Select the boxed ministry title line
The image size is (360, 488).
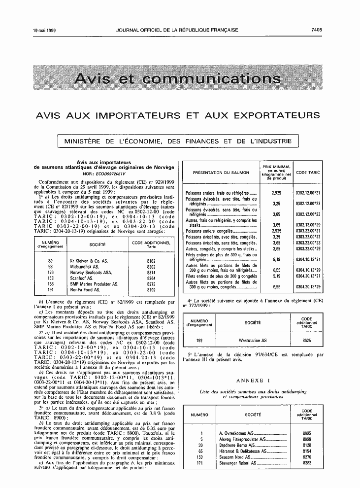tap(178, 141)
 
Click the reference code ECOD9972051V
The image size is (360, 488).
tap(111, 174)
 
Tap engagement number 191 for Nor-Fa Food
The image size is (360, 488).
tap(51, 290)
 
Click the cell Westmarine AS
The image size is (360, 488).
tap(253, 340)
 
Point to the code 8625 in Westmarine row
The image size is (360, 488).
tap(306, 340)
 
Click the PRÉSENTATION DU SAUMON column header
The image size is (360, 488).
tap(221, 173)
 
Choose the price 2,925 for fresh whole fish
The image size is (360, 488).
tap(276, 193)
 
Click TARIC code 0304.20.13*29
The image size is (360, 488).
tap(308, 286)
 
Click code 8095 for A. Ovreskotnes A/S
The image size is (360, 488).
tap(306, 433)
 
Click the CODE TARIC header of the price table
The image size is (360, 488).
tap(308, 173)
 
